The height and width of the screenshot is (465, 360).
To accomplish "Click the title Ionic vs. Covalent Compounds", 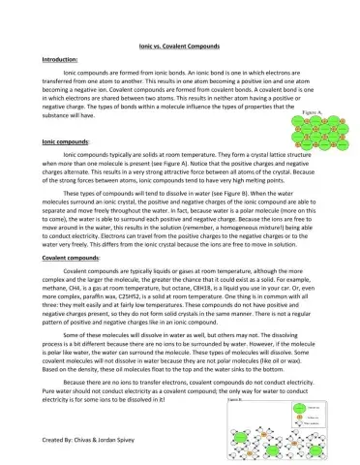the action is click(x=180, y=46).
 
